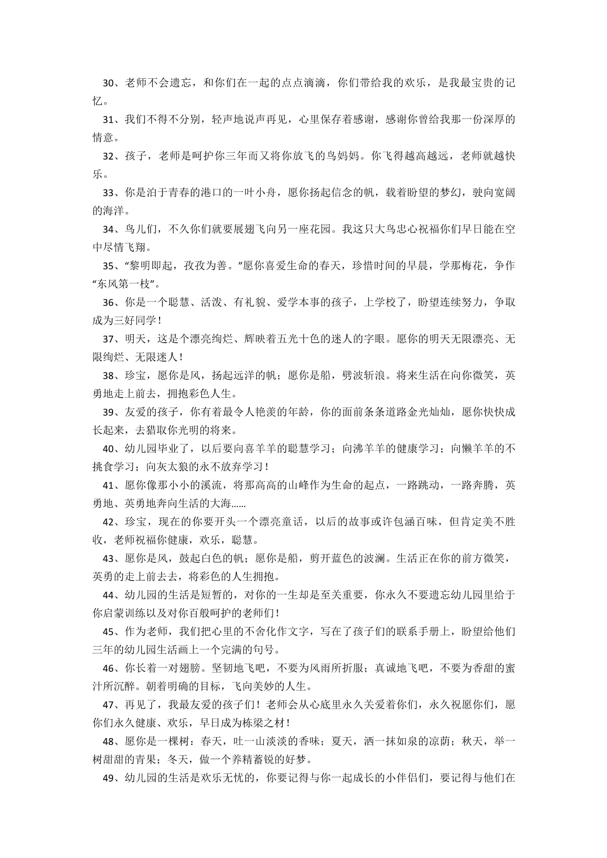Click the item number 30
coord(108,83)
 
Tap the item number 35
coord(108,266)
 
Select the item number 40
coord(108,449)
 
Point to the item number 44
coord(108,595)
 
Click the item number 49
coord(108,778)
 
